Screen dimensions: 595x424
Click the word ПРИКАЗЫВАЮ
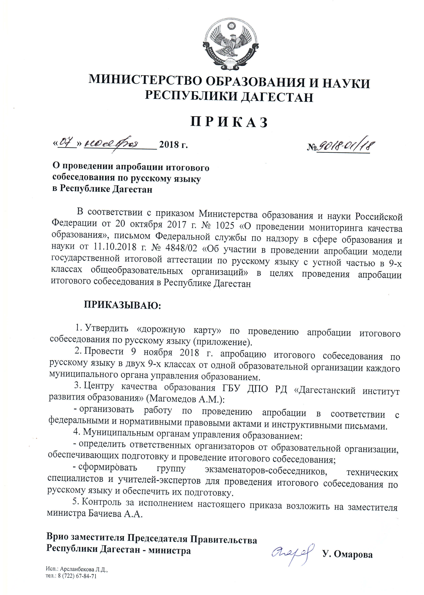click(x=122, y=305)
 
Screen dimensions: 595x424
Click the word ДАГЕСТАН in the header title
click(x=277, y=97)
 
